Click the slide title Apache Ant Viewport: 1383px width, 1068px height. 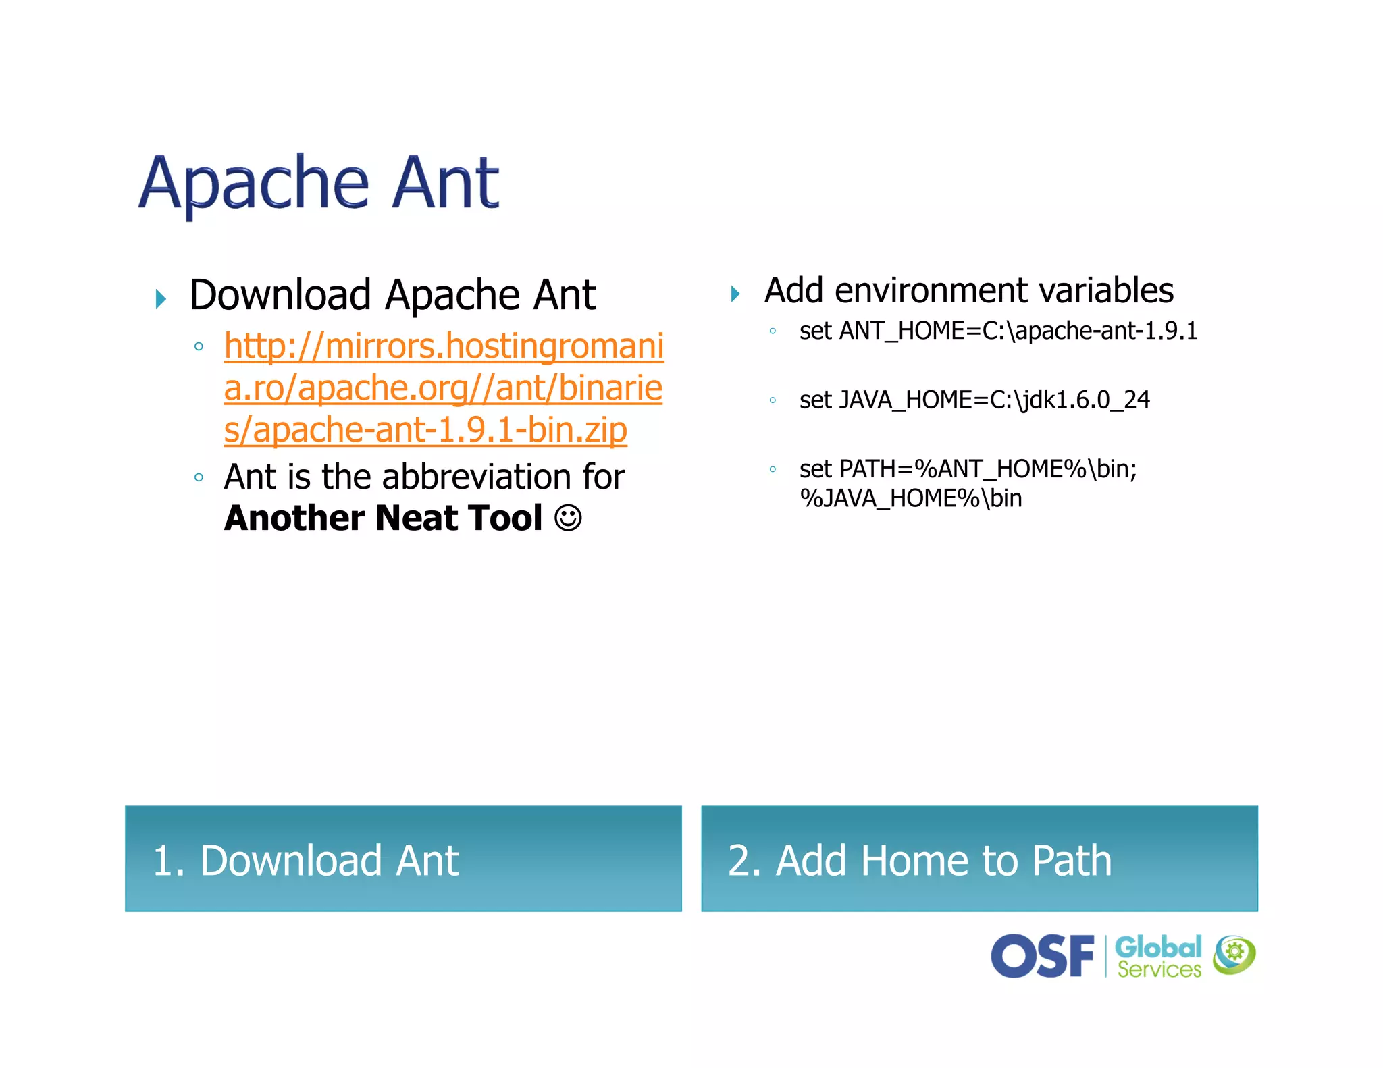pos(319,182)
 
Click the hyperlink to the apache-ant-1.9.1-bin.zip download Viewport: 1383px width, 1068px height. pos(443,388)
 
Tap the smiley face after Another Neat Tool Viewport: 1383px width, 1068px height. pos(568,518)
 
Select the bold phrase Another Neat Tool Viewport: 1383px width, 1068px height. pos(383,518)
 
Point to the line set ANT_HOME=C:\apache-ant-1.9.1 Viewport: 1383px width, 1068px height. pos(998,331)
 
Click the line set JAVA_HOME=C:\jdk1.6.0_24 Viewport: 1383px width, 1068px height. pos(974,400)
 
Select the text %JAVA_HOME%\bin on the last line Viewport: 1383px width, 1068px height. pos(910,498)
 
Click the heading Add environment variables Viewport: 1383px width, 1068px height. pos(968,291)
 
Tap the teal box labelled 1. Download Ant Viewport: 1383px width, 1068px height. pos(403,858)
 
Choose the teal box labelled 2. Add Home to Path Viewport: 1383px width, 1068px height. pos(979,858)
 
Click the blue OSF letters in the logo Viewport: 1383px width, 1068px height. pos(1042,955)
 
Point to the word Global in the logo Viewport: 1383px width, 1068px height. pos(1157,946)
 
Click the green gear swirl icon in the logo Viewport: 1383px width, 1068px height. pos(1234,955)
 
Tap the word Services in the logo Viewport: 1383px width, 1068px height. pos(1159,969)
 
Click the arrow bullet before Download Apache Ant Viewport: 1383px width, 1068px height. pos(161,298)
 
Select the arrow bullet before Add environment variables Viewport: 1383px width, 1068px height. pos(735,294)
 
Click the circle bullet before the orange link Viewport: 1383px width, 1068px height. pos(199,346)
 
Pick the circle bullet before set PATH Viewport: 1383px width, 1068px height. pos(773,469)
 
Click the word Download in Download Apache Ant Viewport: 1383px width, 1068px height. pos(280,295)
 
